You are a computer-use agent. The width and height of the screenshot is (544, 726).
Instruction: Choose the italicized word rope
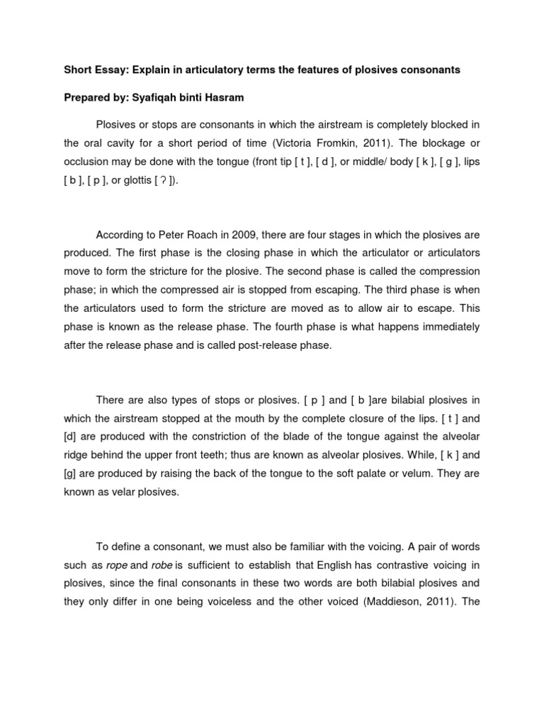117,565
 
